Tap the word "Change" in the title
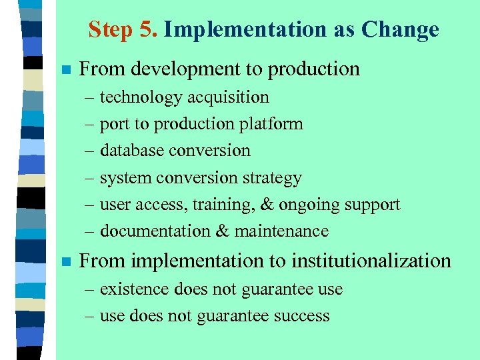click(400, 30)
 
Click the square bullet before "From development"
click(65, 69)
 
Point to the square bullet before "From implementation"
click(65, 261)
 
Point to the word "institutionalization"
click(371, 261)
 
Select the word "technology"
click(141, 97)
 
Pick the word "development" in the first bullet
click(188, 69)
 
